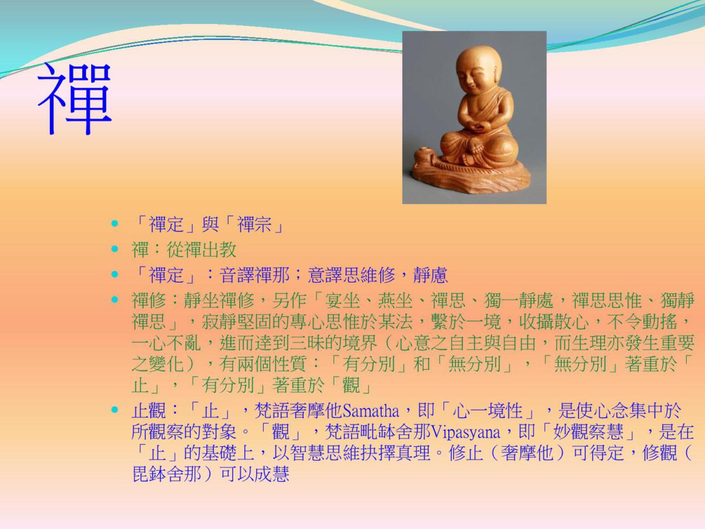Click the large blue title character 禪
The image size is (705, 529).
(x=75, y=99)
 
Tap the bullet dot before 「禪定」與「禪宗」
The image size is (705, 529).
(x=115, y=223)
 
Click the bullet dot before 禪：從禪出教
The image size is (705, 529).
(x=115, y=249)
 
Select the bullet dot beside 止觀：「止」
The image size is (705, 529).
(x=115, y=410)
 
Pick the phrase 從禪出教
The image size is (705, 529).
(x=202, y=250)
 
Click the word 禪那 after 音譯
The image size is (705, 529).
(x=272, y=275)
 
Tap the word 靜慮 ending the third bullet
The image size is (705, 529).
(x=431, y=275)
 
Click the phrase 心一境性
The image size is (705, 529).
(x=488, y=411)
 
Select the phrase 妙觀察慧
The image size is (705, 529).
(x=589, y=433)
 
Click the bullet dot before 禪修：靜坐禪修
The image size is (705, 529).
(x=115, y=300)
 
